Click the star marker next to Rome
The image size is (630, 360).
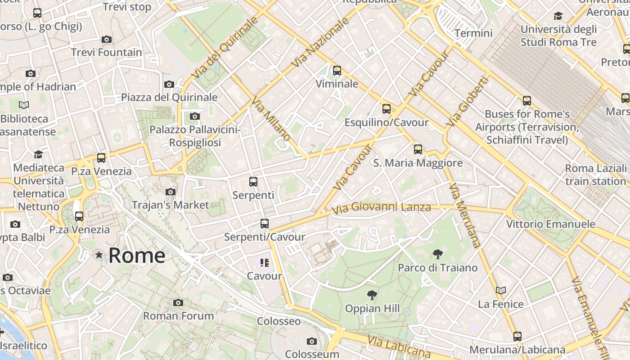[x=99, y=255]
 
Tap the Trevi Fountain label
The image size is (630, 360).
[x=107, y=52]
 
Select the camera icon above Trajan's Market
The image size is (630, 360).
[x=170, y=192]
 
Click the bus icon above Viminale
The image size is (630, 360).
[x=337, y=71]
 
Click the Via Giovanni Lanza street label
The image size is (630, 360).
[x=381, y=208]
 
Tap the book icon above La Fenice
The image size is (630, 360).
[x=500, y=291]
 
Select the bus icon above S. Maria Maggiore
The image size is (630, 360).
[x=418, y=149]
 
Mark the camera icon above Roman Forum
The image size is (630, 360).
[x=178, y=302]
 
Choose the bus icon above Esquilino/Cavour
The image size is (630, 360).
[x=386, y=109]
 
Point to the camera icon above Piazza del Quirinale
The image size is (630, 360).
[x=169, y=84]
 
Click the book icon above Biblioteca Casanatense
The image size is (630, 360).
[x=24, y=105]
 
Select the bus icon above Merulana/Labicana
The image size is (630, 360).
[x=517, y=336]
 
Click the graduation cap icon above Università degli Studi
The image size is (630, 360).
[x=558, y=16]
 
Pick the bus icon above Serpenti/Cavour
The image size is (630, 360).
[x=264, y=224]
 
